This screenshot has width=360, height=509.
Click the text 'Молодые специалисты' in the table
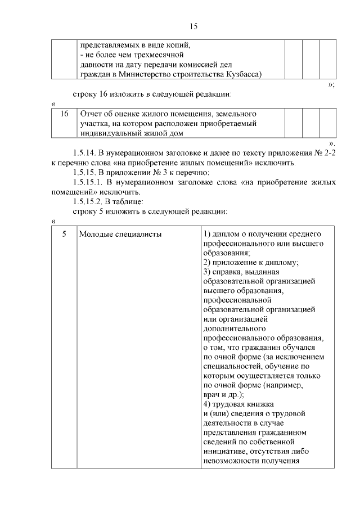point(120,233)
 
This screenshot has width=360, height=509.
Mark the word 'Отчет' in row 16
point(92,114)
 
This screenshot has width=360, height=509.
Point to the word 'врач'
point(212,395)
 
